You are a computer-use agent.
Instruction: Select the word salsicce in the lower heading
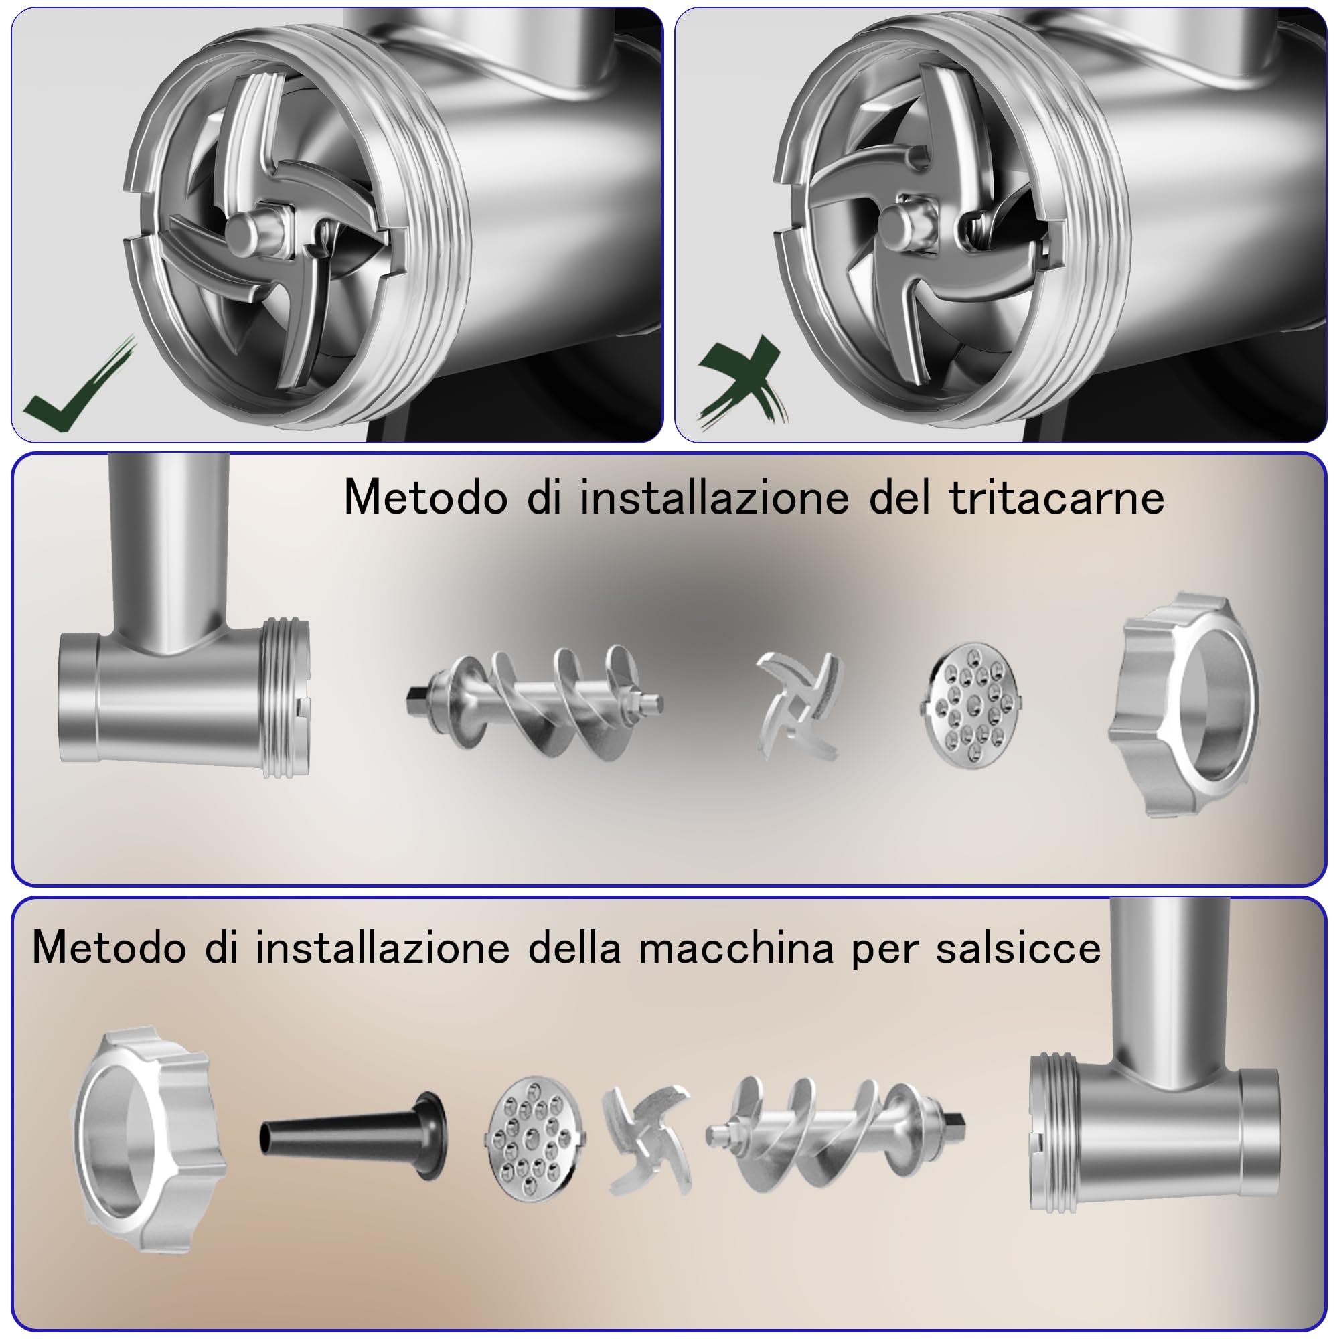[1018, 947]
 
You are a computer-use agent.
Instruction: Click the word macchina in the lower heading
[736, 947]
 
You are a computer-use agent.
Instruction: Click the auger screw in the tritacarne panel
[534, 702]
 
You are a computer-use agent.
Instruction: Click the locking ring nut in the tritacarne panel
[1183, 705]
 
